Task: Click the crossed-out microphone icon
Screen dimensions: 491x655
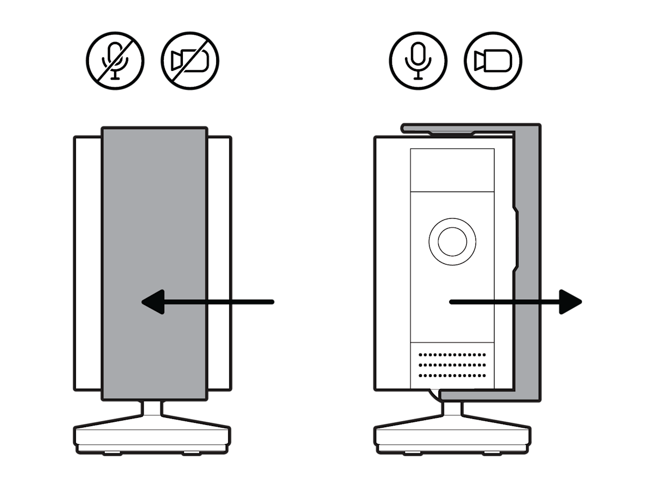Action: coord(115,60)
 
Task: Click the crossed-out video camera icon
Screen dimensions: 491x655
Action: coord(190,60)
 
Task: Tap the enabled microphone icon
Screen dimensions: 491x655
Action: coord(418,60)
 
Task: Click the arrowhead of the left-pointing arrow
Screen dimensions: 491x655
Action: coord(153,302)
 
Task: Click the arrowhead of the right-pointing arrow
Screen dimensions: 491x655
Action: coord(570,302)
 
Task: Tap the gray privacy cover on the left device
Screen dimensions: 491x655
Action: coord(154,218)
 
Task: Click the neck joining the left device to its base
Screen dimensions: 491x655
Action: coord(153,408)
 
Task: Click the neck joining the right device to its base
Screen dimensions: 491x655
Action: coord(452,408)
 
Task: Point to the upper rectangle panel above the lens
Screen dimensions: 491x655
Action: coord(452,170)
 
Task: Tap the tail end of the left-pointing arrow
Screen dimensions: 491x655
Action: coord(270,302)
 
